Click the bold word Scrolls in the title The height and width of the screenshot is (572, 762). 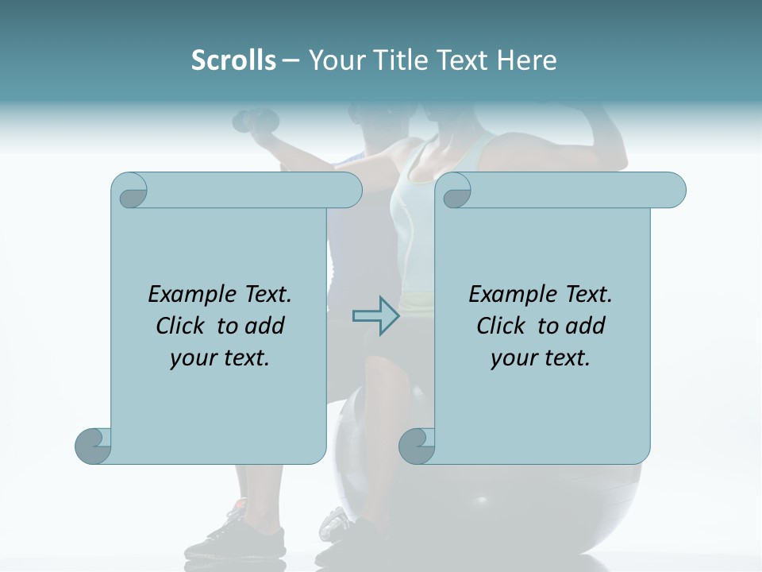(233, 60)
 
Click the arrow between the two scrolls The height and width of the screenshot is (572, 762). (375, 316)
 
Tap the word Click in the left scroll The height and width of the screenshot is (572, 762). (183, 326)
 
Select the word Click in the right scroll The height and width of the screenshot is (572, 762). (503, 326)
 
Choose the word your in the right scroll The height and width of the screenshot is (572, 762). (512, 358)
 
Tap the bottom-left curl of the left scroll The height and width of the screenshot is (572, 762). (94, 445)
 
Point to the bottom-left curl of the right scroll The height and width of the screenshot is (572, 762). (417, 445)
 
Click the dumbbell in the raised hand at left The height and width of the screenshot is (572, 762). (256, 121)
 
